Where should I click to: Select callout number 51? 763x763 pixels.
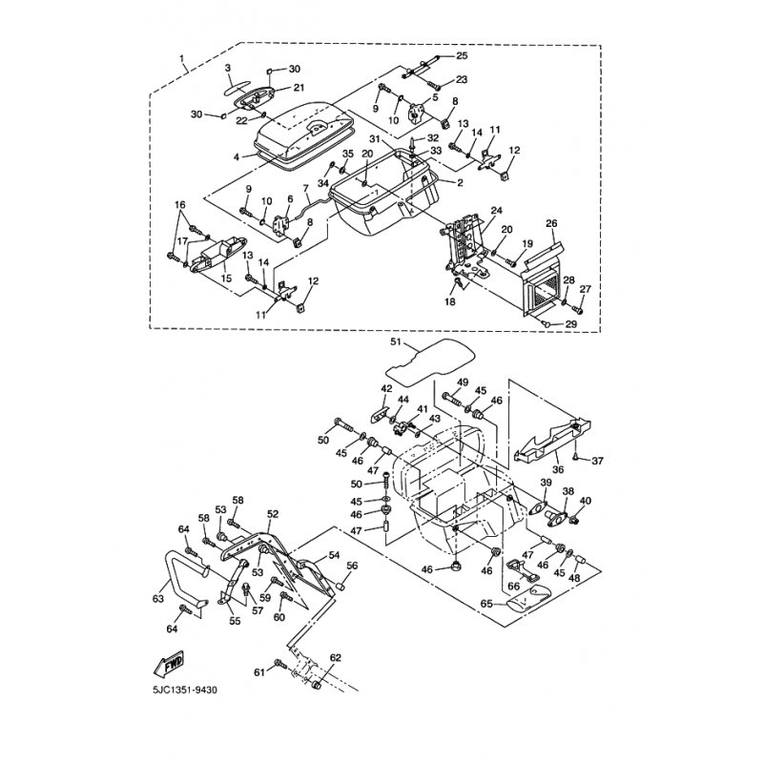(x=398, y=340)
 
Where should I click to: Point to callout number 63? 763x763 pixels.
(x=159, y=599)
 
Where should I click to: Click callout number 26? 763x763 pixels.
(x=550, y=223)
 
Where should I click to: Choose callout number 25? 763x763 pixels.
(x=463, y=56)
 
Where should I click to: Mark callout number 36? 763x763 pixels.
(x=558, y=469)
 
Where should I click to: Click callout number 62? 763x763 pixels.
(x=335, y=658)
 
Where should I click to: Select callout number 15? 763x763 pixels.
(x=227, y=278)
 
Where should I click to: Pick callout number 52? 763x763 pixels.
(x=273, y=514)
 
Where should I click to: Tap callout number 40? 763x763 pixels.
(x=585, y=501)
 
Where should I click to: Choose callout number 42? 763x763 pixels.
(x=387, y=388)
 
